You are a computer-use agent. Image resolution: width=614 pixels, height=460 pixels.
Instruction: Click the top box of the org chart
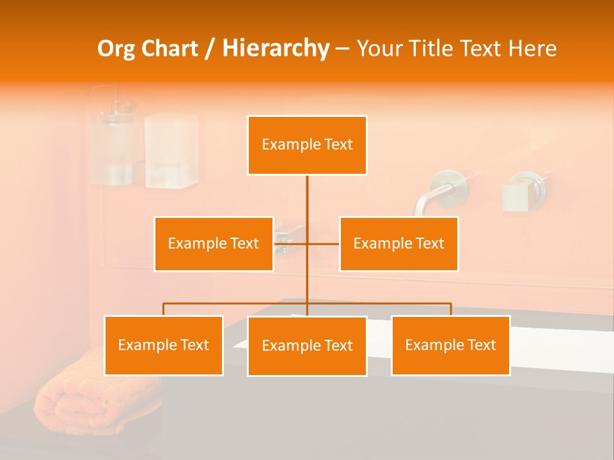[x=307, y=145]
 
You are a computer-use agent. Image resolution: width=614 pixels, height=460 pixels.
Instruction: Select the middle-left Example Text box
[x=214, y=243]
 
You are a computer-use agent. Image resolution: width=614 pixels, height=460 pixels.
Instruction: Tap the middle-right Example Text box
[x=398, y=243]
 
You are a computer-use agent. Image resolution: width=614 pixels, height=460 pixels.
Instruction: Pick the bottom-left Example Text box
[x=164, y=345]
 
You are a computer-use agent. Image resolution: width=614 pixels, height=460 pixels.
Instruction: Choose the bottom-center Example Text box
[x=307, y=346]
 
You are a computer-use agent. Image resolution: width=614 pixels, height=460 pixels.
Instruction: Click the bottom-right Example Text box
[x=450, y=345]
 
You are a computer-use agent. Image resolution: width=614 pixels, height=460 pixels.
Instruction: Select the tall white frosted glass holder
[x=171, y=150]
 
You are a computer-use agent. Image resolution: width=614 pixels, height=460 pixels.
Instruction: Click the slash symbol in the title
[x=209, y=49]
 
